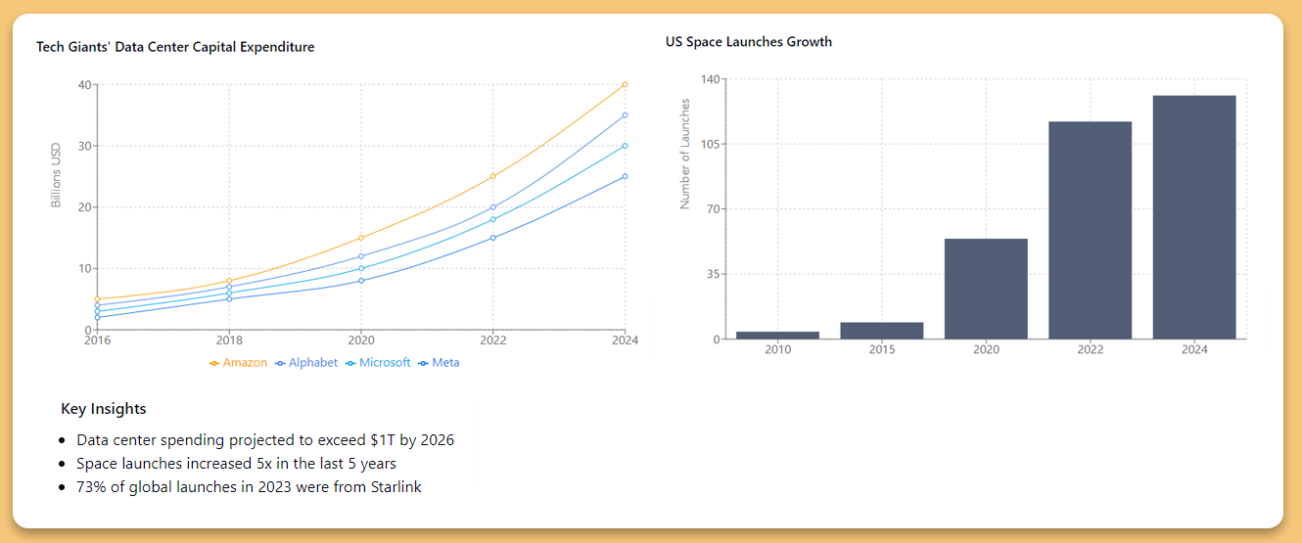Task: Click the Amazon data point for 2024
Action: click(x=625, y=85)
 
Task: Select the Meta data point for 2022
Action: click(x=493, y=238)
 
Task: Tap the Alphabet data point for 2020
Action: click(x=361, y=256)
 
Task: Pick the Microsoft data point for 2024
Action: click(x=625, y=146)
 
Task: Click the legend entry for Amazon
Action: click(x=238, y=363)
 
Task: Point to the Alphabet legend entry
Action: click(x=306, y=363)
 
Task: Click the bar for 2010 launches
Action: click(x=777, y=335)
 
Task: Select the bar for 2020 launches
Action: click(x=986, y=289)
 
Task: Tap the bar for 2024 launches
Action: click(x=1194, y=217)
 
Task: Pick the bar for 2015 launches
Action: click(x=881, y=331)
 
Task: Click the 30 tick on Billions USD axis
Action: click(x=84, y=146)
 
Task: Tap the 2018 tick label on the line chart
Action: click(x=229, y=340)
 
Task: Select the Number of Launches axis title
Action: click(x=685, y=154)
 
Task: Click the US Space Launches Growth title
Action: click(x=749, y=42)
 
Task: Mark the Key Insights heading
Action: click(x=104, y=409)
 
